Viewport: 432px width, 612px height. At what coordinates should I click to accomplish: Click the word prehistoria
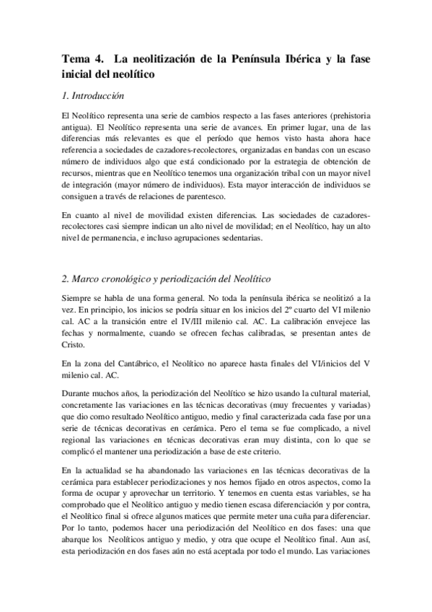pyautogui.click(x=342, y=117)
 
